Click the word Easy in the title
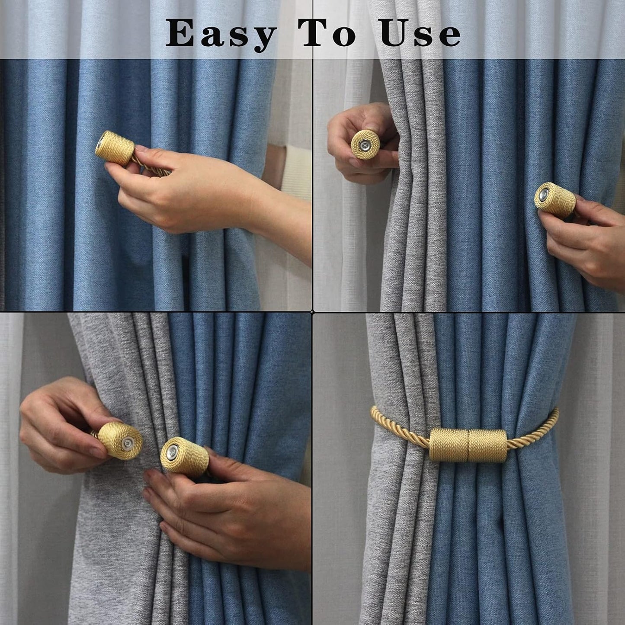pos(221,34)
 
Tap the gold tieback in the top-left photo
pos(115,148)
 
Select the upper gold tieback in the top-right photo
pos(365,144)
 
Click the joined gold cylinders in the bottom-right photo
pos(468,445)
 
